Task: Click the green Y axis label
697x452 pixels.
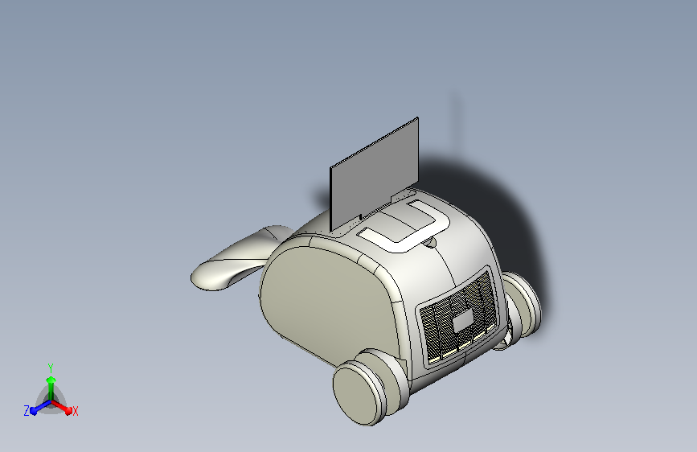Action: click(x=51, y=368)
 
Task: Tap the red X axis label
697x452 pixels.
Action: click(x=75, y=412)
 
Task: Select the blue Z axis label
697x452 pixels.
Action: click(x=27, y=411)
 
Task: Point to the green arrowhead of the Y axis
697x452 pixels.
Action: click(x=51, y=380)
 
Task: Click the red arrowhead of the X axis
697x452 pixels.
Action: click(x=68, y=410)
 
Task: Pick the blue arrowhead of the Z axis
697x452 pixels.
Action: click(x=33, y=411)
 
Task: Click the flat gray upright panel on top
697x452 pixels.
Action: click(x=375, y=175)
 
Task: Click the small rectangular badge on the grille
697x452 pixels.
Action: click(x=463, y=321)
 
